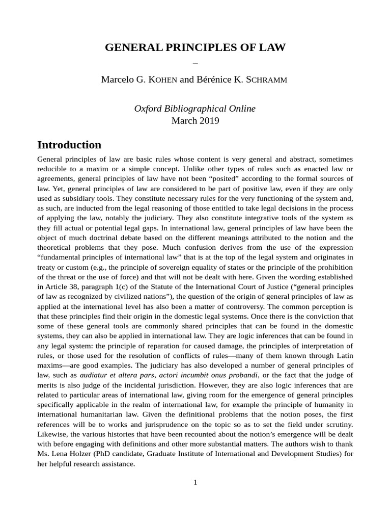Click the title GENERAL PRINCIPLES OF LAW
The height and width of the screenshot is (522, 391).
tap(195, 48)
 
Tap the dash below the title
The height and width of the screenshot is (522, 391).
tap(195, 63)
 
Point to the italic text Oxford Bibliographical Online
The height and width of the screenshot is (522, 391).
tap(195, 109)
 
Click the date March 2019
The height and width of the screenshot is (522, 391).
tap(195, 121)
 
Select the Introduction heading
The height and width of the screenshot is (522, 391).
tap(69, 145)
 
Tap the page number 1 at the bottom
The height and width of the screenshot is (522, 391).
tap(195, 482)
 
